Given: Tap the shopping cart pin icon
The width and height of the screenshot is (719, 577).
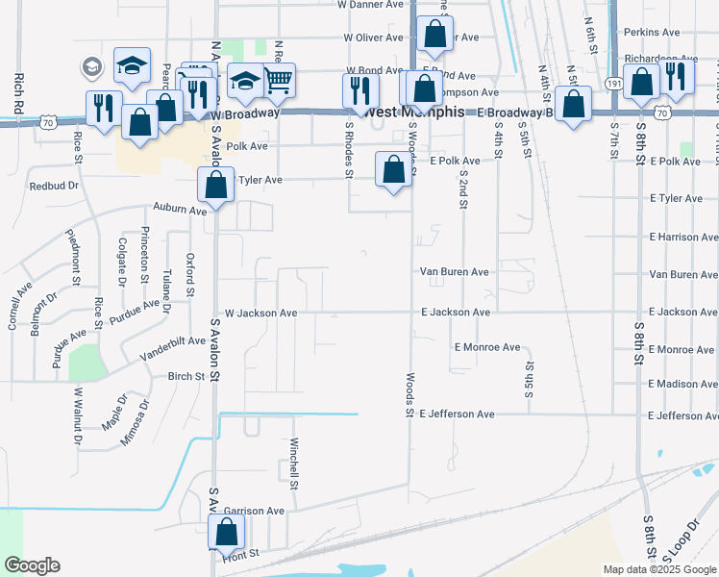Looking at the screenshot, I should coord(278,80).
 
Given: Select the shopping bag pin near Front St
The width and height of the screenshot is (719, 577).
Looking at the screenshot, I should coord(227,531).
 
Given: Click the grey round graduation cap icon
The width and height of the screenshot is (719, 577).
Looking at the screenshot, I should coord(92,67).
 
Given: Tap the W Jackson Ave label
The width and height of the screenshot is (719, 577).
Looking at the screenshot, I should coord(260,313).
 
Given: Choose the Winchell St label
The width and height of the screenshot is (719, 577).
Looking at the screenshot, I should coord(294,463).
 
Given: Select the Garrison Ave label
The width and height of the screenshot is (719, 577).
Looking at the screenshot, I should coord(254,511).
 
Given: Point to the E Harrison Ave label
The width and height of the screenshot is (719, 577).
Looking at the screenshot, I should coord(682,237).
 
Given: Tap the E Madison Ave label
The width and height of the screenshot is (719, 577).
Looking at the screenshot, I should coord(682,384).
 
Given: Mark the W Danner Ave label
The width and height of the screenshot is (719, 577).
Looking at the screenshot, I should coord(371,5).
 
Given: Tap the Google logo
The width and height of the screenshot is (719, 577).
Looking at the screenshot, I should coord(32,565).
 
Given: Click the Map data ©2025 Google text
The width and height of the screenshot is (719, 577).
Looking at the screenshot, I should coord(658,569).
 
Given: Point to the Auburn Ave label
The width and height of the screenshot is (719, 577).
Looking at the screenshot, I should coord(180,210).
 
